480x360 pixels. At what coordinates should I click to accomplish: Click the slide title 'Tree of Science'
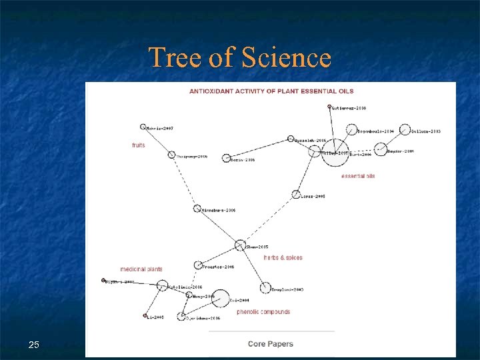pyautogui.click(x=239, y=57)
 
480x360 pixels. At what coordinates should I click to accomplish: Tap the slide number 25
pyautogui.click(x=34, y=345)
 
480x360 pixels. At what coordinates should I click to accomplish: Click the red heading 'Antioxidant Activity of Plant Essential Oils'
pyautogui.click(x=271, y=91)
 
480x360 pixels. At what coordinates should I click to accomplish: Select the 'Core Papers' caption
pyautogui.click(x=270, y=344)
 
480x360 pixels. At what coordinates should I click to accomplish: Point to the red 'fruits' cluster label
pyautogui.click(x=138, y=145)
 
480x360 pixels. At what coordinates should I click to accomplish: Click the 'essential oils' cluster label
pyautogui.click(x=358, y=176)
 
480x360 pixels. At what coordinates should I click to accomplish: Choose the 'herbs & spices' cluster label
pyautogui.click(x=283, y=257)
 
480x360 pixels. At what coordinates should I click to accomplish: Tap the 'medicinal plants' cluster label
pyautogui.click(x=141, y=269)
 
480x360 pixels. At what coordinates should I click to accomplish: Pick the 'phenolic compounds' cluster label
pyautogui.click(x=263, y=312)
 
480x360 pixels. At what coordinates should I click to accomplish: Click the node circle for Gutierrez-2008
pyautogui.click(x=329, y=107)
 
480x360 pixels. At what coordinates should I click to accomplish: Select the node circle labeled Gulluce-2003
pyautogui.click(x=405, y=130)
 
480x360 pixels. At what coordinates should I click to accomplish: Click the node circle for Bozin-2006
pyautogui.click(x=226, y=158)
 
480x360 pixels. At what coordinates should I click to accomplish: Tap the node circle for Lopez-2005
pyautogui.click(x=296, y=195)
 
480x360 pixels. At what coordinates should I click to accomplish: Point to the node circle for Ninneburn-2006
pyautogui.click(x=197, y=209)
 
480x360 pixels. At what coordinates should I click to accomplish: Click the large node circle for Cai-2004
pyautogui.click(x=221, y=299)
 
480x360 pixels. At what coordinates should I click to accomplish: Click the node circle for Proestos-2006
pyautogui.click(x=198, y=265)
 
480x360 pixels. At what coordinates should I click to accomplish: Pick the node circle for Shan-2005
pyautogui.click(x=241, y=245)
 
